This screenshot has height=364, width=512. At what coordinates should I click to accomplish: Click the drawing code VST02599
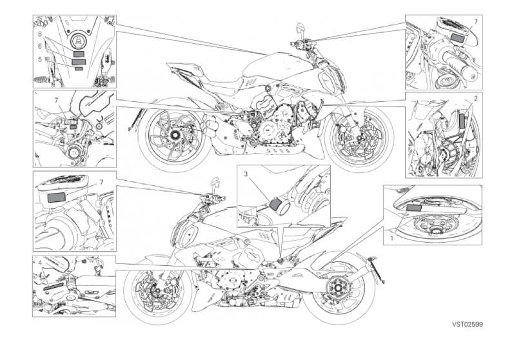point(468,324)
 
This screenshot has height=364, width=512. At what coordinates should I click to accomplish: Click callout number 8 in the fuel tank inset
point(40,34)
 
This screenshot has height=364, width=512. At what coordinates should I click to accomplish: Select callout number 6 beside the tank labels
point(40,46)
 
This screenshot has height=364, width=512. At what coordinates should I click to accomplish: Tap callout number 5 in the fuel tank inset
point(40,59)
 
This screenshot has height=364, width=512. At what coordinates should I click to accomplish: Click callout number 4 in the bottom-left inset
point(40,263)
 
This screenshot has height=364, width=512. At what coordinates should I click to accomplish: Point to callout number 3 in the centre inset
point(246,174)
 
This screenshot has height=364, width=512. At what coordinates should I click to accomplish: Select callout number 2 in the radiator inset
point(476,98)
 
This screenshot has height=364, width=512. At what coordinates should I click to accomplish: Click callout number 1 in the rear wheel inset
point(391,238)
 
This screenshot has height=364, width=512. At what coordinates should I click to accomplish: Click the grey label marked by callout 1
point(415,207)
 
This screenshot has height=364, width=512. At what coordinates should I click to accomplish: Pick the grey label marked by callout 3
point(275,204)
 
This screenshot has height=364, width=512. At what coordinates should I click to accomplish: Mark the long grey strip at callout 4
point(54,287)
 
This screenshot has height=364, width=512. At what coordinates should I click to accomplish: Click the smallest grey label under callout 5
point(79,68)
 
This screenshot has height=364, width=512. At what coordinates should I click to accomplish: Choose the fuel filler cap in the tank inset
point(79,41)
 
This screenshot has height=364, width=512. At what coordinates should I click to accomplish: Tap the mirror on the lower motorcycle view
point(215,183)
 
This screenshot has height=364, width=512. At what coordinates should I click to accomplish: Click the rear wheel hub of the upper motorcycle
point(173,134)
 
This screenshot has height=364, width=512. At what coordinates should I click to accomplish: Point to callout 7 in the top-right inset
point(476,21)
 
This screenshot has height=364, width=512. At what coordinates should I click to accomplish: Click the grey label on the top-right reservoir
point(458,37)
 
